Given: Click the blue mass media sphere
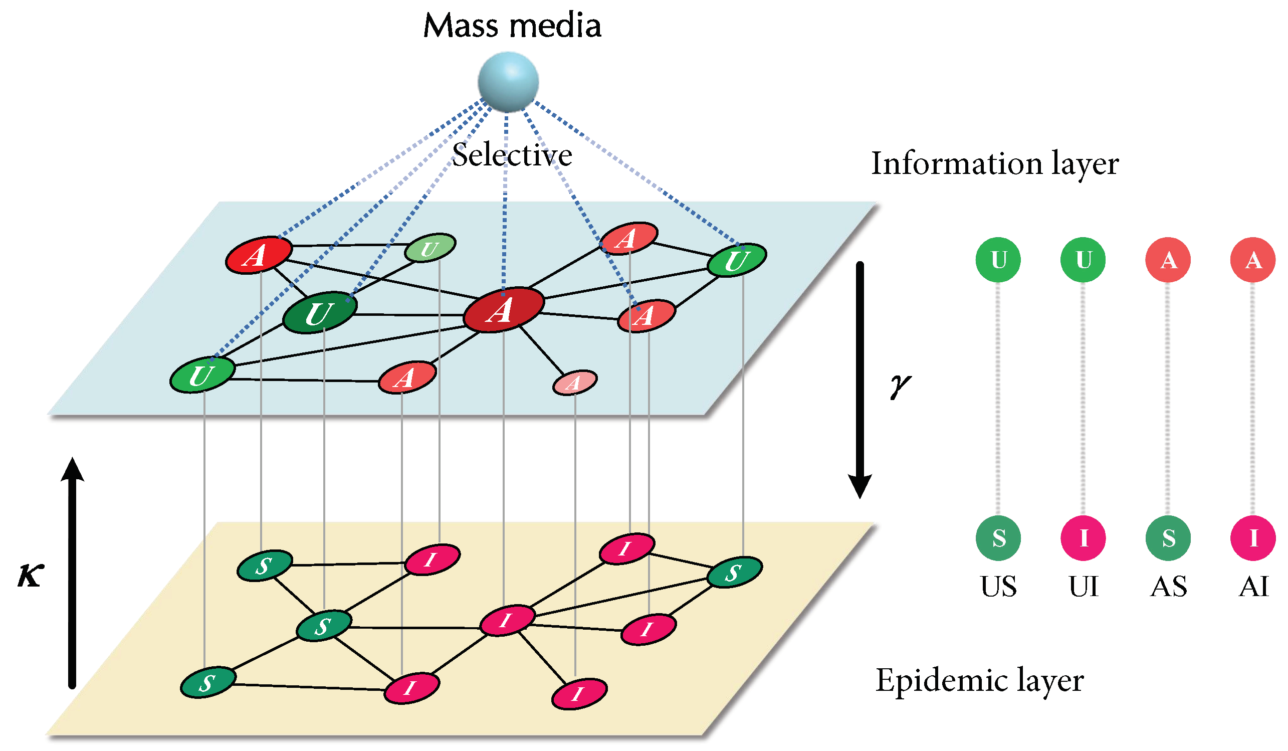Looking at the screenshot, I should [x=508, y=82].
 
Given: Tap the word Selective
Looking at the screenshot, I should [x=512, y=155].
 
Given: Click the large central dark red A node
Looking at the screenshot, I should [x=504, y=310].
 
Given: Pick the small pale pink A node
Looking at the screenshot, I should [x=574, y=383].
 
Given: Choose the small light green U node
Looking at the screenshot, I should [x=430, y=249].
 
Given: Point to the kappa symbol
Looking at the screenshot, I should [x=31, y=576].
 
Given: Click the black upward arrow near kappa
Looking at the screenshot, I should [x=72, y=573].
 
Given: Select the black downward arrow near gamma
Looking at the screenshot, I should [x=860, y=379].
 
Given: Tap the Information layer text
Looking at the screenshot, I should [x=995, y=163].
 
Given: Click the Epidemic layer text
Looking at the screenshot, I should [x=979, y=681].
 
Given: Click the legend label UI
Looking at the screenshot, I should [x=1083, y=587].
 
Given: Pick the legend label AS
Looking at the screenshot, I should [x=1168, y=587].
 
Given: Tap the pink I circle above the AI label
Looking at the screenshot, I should [x=1253, y=538].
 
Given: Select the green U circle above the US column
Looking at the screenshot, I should [x=998, y=260].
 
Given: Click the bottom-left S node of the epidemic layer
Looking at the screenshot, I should [x=208, y=682].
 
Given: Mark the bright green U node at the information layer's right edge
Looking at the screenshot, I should [x=737, y=260].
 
